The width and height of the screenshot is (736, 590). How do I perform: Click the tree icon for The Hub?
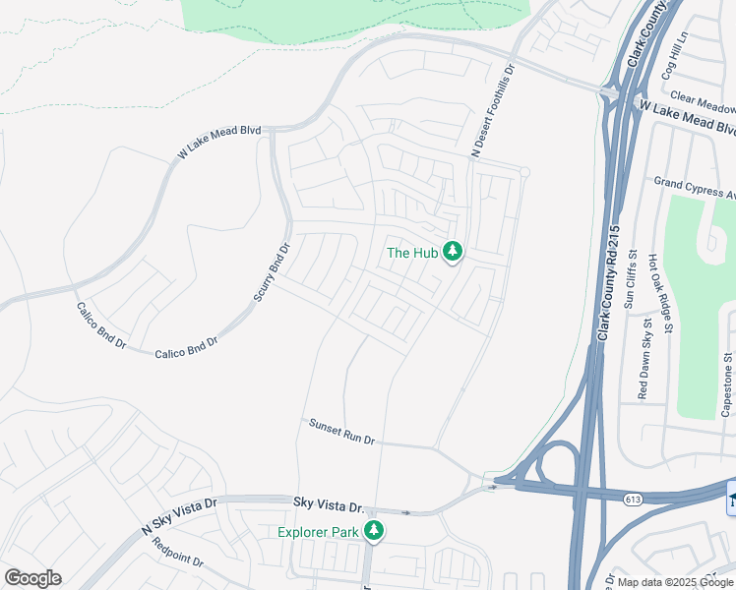point(453,253)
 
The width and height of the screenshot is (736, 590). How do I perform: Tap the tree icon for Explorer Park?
point(374,531)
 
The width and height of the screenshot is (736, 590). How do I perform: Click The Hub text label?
point(412,253)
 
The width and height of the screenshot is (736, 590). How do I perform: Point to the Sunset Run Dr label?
point(342,433)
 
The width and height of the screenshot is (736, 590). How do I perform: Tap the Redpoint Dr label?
point(178,553)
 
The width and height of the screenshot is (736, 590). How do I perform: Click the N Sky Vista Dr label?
point(179,514)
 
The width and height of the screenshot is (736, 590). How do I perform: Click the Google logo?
point(33,578)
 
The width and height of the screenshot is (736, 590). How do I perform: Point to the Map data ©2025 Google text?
point(676,582)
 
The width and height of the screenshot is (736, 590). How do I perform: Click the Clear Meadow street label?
point(702,102)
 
